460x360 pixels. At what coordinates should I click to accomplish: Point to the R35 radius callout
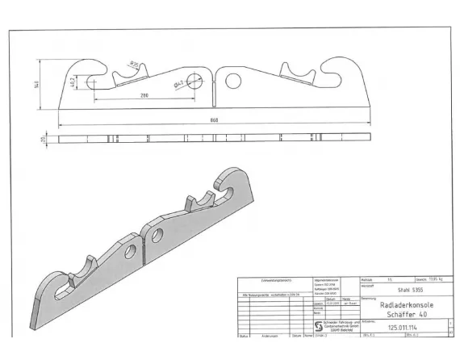pos(136,63)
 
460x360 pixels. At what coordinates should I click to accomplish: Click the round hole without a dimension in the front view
pos(234,80)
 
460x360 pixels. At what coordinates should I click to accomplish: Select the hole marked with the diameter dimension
pos(196,79)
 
